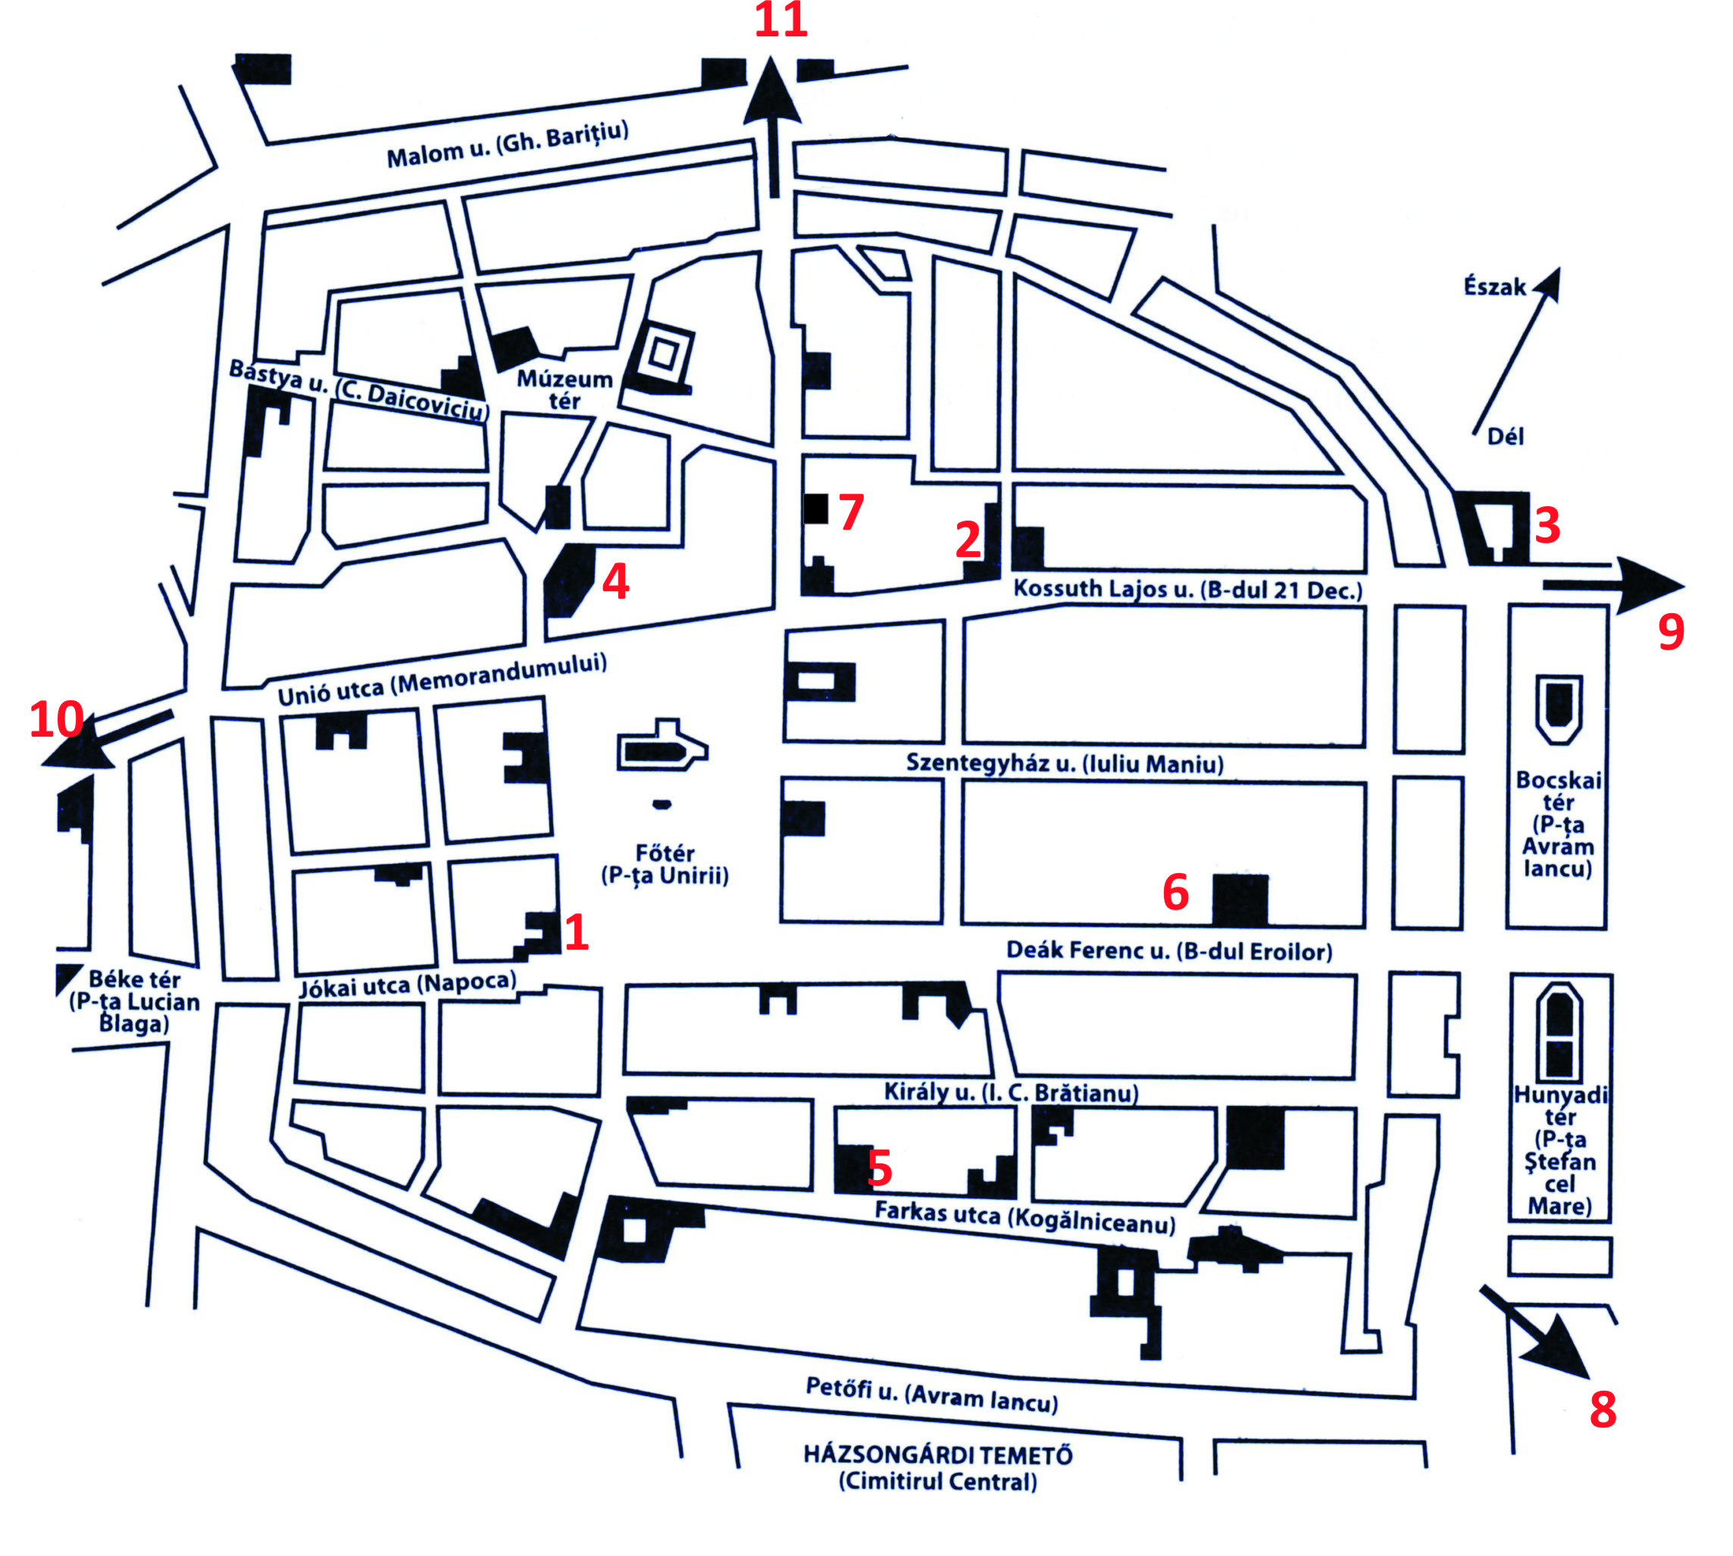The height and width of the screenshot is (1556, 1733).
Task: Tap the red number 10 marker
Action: click(x=56, y=719)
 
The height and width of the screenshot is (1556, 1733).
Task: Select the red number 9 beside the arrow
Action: click(x=1671, y=632)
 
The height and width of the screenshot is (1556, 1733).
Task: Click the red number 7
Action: click(x=851, y=512)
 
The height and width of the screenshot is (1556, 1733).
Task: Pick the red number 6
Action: click(x=1175, y=893)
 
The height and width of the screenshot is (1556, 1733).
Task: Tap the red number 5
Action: click(x=880, y=1168)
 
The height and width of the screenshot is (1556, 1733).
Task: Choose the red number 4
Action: click(x=615, y=581)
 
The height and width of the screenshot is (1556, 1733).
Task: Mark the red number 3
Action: click(x=1547, y=525)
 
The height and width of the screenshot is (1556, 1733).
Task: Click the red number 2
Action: click(x=968, y=540)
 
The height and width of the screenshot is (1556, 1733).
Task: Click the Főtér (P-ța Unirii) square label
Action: click(x=665, y=864)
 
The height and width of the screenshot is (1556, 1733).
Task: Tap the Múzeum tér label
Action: click(x=565, y=389)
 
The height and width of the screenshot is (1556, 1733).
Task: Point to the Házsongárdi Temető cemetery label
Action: click(x=938, y=1468)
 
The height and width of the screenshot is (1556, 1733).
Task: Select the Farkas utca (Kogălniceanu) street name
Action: click(x=1025, y=1217)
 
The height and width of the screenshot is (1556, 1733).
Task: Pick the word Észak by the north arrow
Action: click(x=1494, y=286)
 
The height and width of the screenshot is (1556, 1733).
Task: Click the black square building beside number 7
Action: click(x=815, y=509)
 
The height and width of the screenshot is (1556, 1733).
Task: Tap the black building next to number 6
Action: click(x=1240, y=900)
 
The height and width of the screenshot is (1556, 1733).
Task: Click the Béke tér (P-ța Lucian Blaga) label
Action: click(x=134, y=1001)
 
